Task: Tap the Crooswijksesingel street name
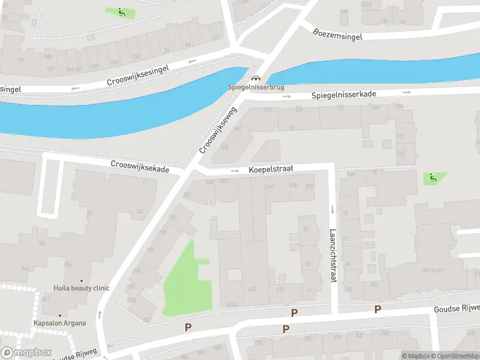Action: point(138,75)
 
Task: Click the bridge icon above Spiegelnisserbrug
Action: point(256,79)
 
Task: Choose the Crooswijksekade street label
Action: point(140,166)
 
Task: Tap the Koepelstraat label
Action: point(271,170)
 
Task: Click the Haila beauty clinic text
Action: point(82,288)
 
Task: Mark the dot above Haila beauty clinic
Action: point(82,280)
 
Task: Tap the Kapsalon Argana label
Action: point(59,323)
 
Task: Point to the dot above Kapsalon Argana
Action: point(59,315)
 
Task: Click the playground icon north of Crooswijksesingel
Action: point(121,12)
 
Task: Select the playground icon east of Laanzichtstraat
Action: point(432,178)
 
